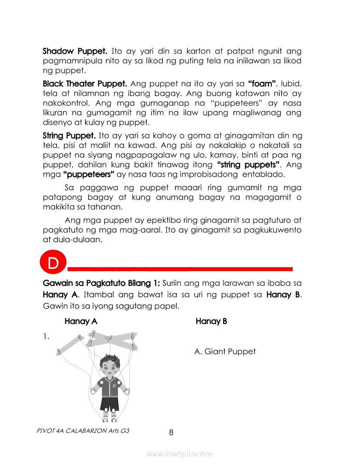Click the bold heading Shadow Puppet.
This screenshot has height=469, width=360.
pyautogui.click(x=75, y=51)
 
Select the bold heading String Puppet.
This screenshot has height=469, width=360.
pyautogui.click(x=69, y=135)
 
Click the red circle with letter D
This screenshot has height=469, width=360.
pyautogui.click(x=53, y=263)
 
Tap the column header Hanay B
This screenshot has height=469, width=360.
pyautogui.click(x=211, y=322)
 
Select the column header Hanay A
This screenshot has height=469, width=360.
pyautogui.click(x=81, y=322)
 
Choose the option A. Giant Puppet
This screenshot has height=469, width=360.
pyautogui.click(x=225, y=351)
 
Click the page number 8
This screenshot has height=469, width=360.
pyautogui.click(x=171, y=432)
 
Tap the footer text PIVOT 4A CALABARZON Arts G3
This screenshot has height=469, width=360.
pyautogui.click(x=83, y=431)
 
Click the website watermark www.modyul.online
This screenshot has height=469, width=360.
pyautogui.click(x=180, y=454)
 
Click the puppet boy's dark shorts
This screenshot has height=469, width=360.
pyautogui.click(x=109, y=404)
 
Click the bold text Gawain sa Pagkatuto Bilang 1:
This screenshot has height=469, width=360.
pyautogui.click(x=102, y=284)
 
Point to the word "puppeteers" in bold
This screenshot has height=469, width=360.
pyautogui.click(x=89, y=175)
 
